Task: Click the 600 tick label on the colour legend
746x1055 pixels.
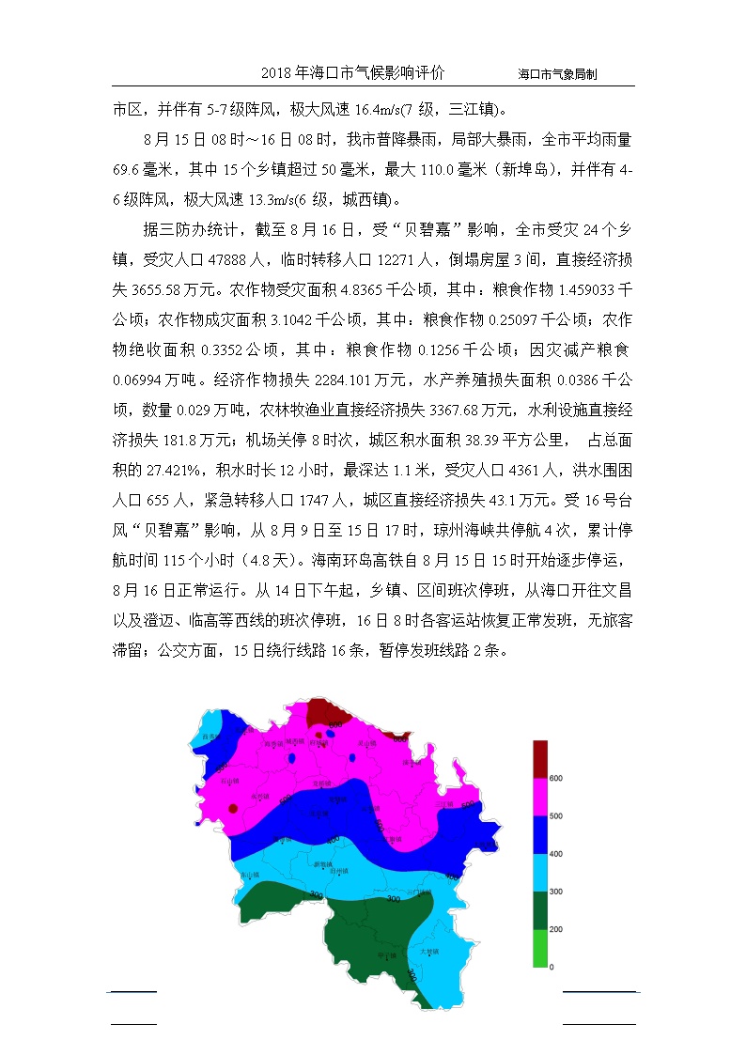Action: tap(556, 779)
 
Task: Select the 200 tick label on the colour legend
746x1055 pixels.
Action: tap(556, 929)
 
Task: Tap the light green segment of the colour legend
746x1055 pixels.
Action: tap(539, 948)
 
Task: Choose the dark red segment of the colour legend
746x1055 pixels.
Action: tap(539, 759)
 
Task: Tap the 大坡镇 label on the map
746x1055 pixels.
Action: tap(429, 952)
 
